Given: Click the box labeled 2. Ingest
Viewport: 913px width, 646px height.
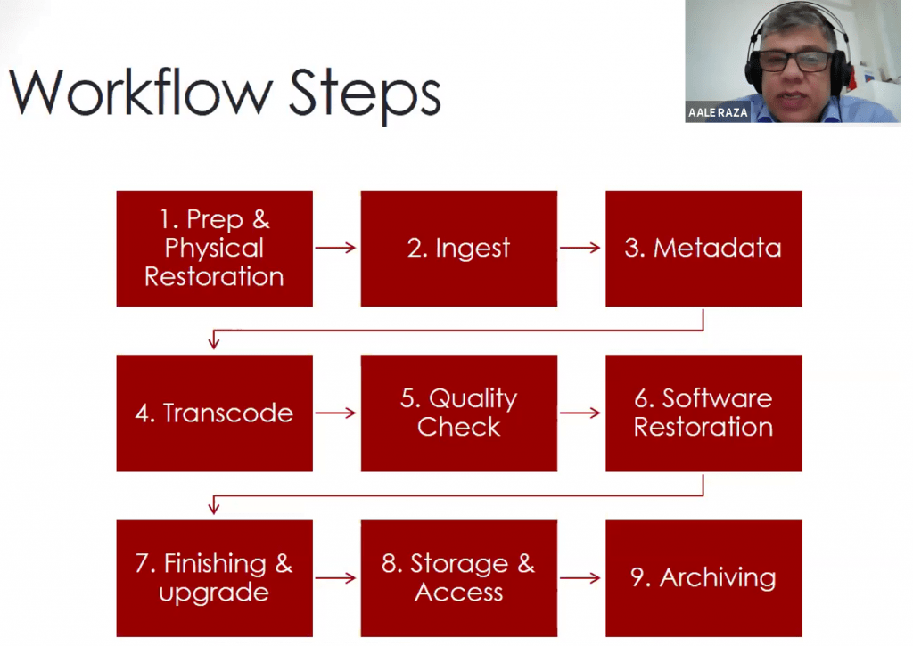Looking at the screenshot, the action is coord(459,249).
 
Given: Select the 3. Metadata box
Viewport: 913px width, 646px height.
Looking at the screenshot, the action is coord(703,249).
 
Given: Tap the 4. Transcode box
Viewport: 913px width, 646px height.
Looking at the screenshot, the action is coord(214,413).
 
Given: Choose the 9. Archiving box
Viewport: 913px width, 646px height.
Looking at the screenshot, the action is coord(703,578).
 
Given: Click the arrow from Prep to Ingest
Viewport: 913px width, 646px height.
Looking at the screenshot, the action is coord(335,248).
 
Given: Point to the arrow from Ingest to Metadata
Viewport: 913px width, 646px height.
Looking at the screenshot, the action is coord(580,248).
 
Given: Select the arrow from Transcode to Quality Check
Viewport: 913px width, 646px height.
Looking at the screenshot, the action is coord(335,413).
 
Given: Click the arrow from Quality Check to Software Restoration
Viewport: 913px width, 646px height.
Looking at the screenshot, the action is coord(580,413).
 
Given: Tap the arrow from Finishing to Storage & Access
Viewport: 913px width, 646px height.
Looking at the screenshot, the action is coord(335,578).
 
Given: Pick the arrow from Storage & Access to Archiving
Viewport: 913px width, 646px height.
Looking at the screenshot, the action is coord(580,578).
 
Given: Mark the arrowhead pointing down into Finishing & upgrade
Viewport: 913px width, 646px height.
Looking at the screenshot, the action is coord(214,509).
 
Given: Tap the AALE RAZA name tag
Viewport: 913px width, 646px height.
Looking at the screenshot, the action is coord(718,112).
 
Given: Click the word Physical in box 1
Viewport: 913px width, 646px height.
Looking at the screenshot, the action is coord(214,249).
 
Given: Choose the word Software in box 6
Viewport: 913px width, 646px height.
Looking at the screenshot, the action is coord(717,398).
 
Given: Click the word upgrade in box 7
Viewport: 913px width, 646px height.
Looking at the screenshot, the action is coord(214,594).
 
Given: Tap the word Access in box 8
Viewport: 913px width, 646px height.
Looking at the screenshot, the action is coord(459,593).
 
